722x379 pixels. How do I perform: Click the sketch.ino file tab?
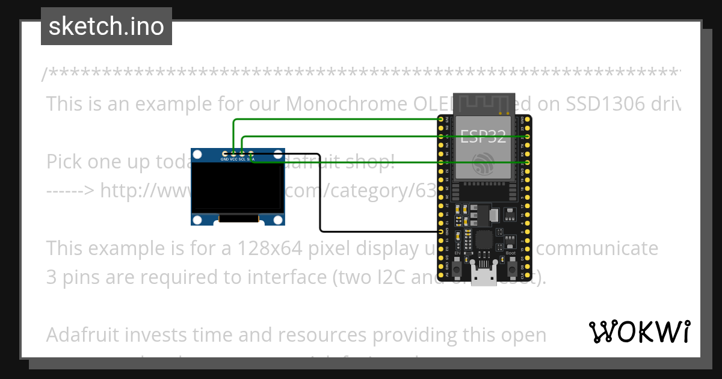tap(106, 26)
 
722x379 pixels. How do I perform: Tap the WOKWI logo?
tap(639, 331)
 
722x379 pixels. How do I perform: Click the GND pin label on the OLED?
tap(224, 159)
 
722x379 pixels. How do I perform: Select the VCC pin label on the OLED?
tap(233, 159)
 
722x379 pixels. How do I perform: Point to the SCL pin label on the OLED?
tap(242, 159)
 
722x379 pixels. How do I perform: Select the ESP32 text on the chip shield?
tap(484, 137)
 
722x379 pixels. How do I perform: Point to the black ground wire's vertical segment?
tap(320, 193)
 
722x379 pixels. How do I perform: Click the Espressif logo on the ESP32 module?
tap(484, 164)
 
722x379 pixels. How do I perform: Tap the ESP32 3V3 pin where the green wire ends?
tap(442, 120)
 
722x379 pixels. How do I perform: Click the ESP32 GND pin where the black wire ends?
tap(442, 232)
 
